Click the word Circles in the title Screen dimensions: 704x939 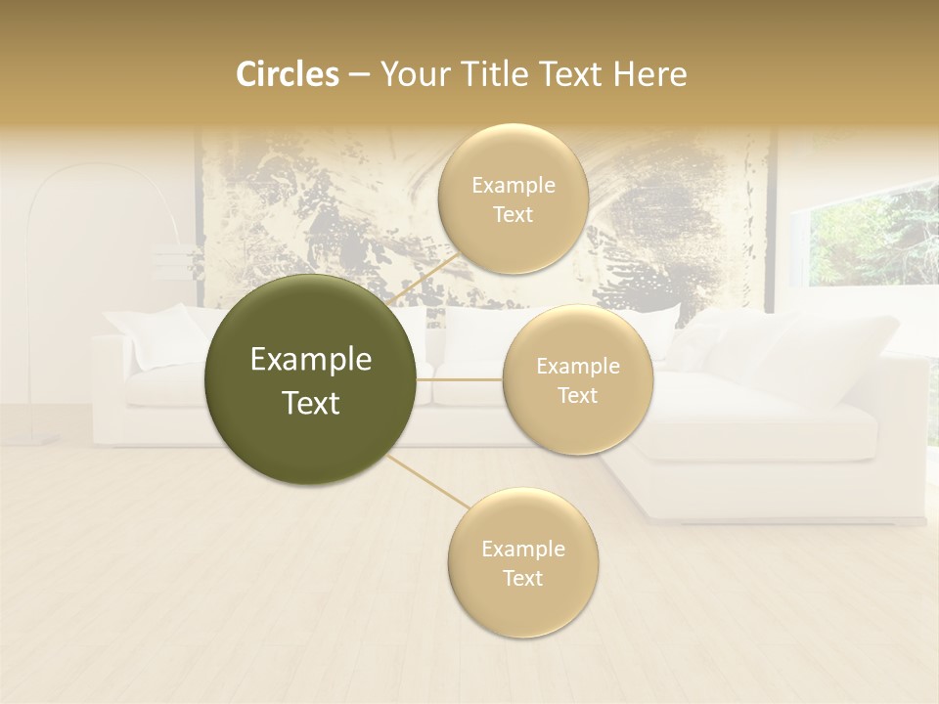287,74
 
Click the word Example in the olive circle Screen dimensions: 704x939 311,360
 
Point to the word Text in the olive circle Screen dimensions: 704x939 311,403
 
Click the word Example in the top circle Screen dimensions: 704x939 513,186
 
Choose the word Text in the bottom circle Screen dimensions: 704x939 522,578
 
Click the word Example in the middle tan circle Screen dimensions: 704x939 577,367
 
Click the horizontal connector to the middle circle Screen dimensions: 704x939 460,379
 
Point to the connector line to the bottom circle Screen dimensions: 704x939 430,482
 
